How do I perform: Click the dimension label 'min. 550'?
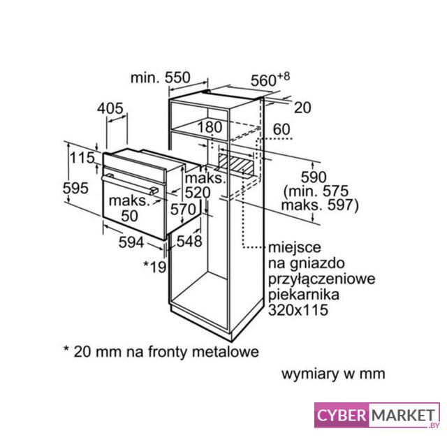(x=161, y=78)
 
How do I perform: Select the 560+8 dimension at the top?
(x=269, y=80)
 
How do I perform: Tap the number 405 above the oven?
(x=110, y=108)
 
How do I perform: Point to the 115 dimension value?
(x=82, y=159)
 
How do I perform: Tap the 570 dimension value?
(x=183, y=208)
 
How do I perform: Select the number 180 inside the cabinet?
(x=209, y=128)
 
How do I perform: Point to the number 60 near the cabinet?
(x=281, y=129)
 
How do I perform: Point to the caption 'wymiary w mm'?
(x=333, y=374)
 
